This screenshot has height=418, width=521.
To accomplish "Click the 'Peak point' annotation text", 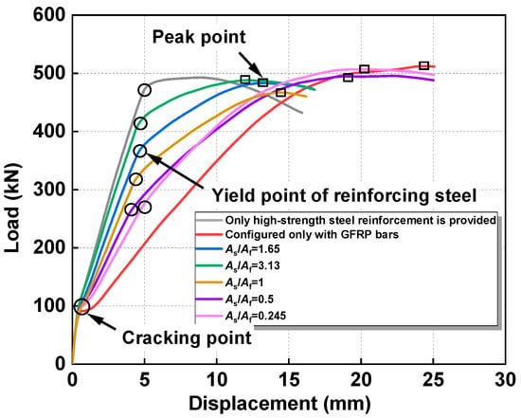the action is [x=199, y=37].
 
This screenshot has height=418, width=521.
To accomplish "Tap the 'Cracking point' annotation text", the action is [x=187, y=338].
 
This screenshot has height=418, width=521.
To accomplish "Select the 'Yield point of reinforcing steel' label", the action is [x=344, y=196].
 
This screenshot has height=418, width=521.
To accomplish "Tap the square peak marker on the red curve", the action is [x=423, y=65].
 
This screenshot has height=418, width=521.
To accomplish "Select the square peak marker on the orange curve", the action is [x=281, y=92].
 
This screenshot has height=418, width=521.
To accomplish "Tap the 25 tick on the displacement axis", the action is [x=433, y=380].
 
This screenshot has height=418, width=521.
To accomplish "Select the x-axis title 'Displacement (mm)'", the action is [x=279, y=404].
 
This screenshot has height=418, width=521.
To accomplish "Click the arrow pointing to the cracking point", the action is [x=102, y=322].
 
